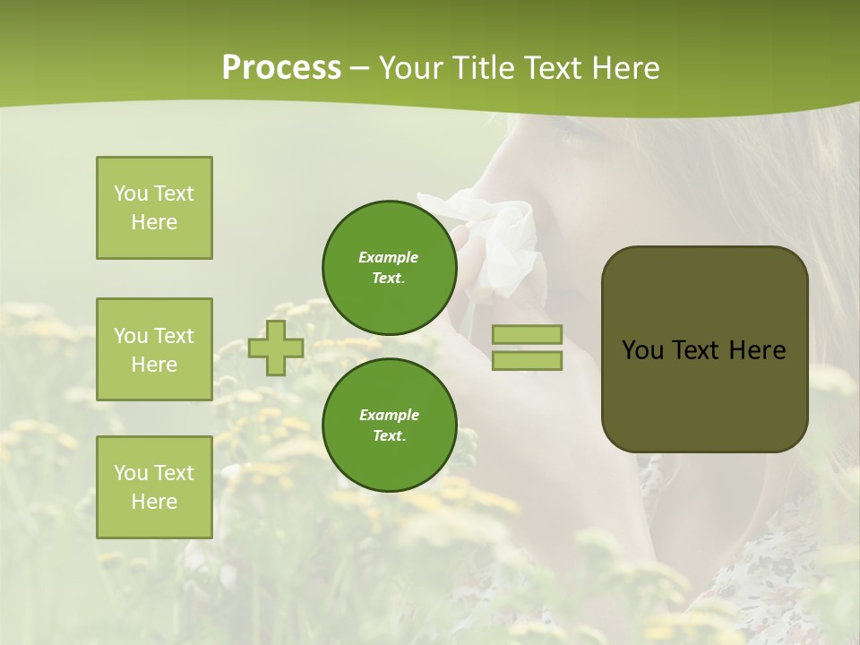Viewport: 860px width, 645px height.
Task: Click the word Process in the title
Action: click(x=281, y=67)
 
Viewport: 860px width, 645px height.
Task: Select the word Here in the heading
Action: click(x=623, y=68)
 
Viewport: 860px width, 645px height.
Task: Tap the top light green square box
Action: click(x=154, y=208)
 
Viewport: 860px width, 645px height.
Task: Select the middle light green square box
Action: click(x=154, y=349)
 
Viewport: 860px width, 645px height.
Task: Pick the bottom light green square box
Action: click(x=154, y=487)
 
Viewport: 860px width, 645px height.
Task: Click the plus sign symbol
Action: click(x=275, y=348)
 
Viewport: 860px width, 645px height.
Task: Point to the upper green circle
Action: click(x=389, y=267)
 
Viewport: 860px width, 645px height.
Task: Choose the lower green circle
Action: click(x=389, y=425)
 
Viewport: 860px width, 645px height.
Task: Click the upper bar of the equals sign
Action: click(x=527, y=335)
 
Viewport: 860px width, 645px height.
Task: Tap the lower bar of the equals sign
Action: click(x=527, y=361)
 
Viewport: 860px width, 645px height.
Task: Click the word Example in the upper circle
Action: click(x=389, y=257)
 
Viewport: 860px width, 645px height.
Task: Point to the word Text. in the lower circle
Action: click(x=389, y=435)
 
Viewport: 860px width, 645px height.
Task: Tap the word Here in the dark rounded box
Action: click(x=757, y=350)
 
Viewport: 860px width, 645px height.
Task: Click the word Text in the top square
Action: click(x=174, y=193)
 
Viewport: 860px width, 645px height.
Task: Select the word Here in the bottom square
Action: click(x=154, y=502)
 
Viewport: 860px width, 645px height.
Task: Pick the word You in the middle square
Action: click(x=132, y=336)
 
